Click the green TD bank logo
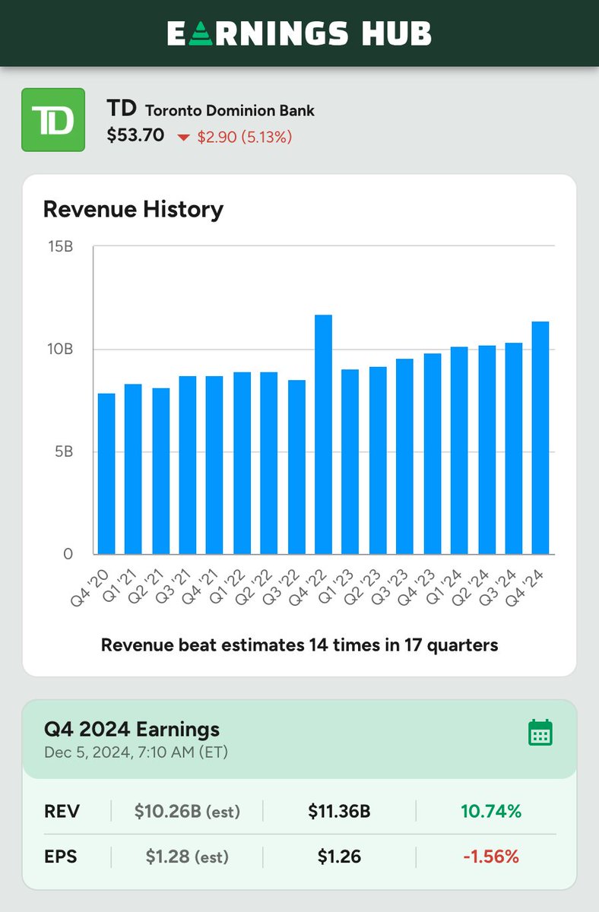[x=52, y=119]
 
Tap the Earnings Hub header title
[x=299, y=33]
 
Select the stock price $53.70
[x=135, y=136]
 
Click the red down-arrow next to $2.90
[x=183, y=138]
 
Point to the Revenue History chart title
[x=133, y=209]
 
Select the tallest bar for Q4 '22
[x=323, y=434]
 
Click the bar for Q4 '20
[x=106, y=473]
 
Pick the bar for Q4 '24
[x=540, y=438]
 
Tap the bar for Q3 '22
[x=296, y=467]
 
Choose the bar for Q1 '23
[x=350, y=461]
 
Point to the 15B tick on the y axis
[x=61, y=247]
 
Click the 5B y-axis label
[x=64, y=451]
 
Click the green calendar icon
[x=540, y=733]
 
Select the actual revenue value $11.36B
[x=339, y=812]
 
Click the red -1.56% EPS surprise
[x=491, y=857]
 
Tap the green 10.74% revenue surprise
[x=491, y=812]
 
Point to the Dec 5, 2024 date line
[x=137, y=753]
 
